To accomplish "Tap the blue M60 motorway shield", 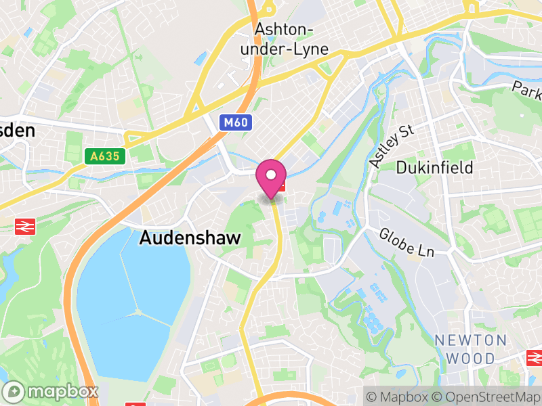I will point(234,122).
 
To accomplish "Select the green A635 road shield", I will point(107,156).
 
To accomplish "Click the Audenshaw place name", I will point(182,239).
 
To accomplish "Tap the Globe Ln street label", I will point(406,242).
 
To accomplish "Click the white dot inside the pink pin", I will point(271,175).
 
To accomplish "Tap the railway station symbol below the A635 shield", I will point(26,227).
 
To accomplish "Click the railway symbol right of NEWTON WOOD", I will point(535,358).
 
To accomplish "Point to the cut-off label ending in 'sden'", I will point(17,130).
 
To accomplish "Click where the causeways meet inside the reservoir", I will point(139,312).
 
